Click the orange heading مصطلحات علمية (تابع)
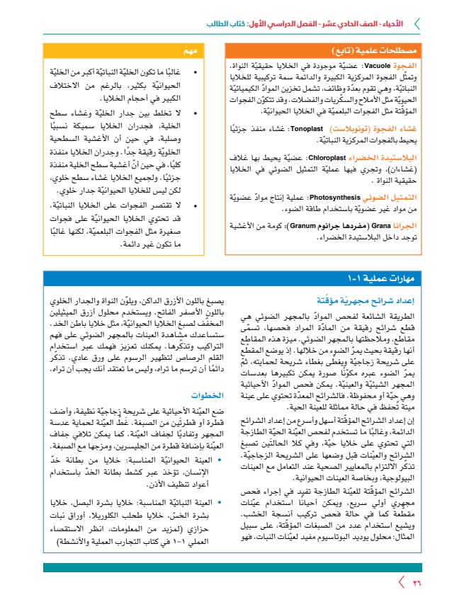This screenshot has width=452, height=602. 400,50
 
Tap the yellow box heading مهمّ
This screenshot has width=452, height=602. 189,50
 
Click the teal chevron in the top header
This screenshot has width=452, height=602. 416,23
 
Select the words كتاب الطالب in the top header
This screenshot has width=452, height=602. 225,23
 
